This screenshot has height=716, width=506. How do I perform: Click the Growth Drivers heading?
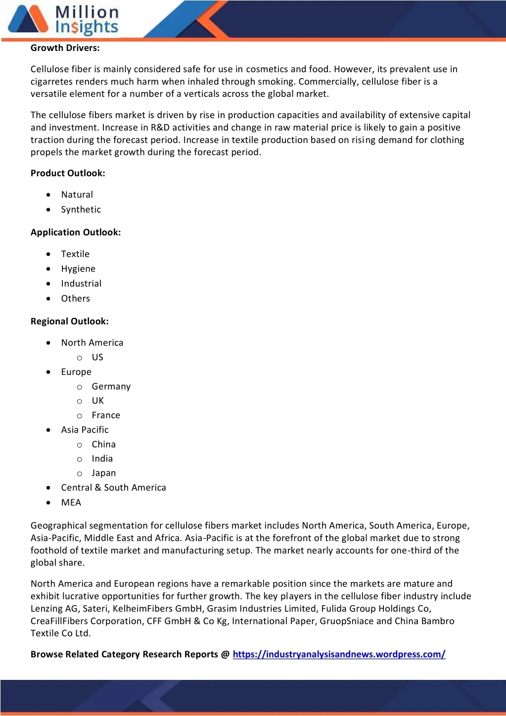click(x=65, y=48)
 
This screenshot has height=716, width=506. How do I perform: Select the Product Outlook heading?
click(x=68, y=173)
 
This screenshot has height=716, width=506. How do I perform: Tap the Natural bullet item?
click(x=77, y=195)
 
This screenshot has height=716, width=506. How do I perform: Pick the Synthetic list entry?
click(x=81, y=210)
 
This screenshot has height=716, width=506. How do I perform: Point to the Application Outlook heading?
click(x=76, y=232)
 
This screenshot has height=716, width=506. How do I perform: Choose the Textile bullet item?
click(x=75, y=254)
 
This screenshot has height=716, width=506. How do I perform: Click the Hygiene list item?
click(x=78, y=269)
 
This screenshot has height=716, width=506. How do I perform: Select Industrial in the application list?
click(x=81, y=284)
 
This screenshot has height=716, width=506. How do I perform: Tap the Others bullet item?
click(x=75, y=299)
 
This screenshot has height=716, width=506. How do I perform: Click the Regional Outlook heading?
click(x=70, y=321)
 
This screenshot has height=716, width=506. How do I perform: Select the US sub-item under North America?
click(x=97, y=358)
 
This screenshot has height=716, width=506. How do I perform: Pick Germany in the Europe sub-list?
click(x=111, y=387)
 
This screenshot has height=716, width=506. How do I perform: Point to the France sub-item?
click(x=106, y=415)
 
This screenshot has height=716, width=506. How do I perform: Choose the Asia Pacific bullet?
click(x=85, y=430)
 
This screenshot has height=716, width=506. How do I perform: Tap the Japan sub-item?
click(x=103, y=473)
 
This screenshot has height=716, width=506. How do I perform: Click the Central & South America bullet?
click(x=113, y=488)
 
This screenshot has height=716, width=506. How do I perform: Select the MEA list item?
click(x=71, y=503)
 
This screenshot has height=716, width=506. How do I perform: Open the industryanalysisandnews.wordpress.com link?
click(x=339, y=655)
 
